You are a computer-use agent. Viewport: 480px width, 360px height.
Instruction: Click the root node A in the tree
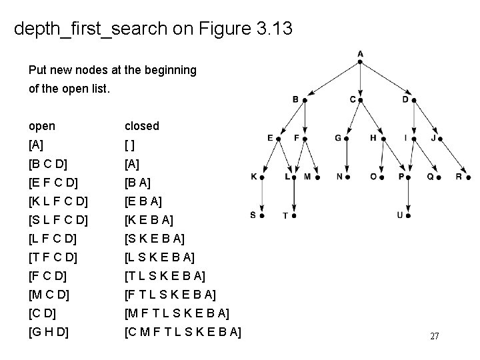coord(360,61)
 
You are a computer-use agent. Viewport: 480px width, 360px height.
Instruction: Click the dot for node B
coord(305,100)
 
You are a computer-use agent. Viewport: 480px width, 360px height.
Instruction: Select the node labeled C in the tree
coord(361,100)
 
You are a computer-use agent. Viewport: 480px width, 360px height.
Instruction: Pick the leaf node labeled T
coord(294,215)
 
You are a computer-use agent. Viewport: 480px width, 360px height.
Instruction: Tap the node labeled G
coord(347,138)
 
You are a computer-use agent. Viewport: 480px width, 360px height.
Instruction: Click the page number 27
coord(434,336)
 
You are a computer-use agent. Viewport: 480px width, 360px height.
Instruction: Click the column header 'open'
coord(42,126)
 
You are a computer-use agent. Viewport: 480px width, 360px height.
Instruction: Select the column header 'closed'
coord(142,126)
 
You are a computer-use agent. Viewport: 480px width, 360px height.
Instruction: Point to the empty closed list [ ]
coord(130,145)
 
